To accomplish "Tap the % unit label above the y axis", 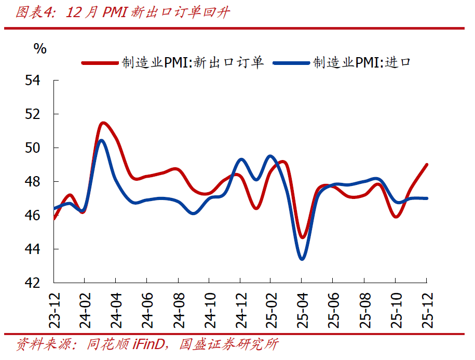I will pos(40,49).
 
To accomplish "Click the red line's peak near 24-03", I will pos(103,123).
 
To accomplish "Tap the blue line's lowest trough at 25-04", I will pos(302,258).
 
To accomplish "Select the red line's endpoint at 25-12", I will pos(426,165).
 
